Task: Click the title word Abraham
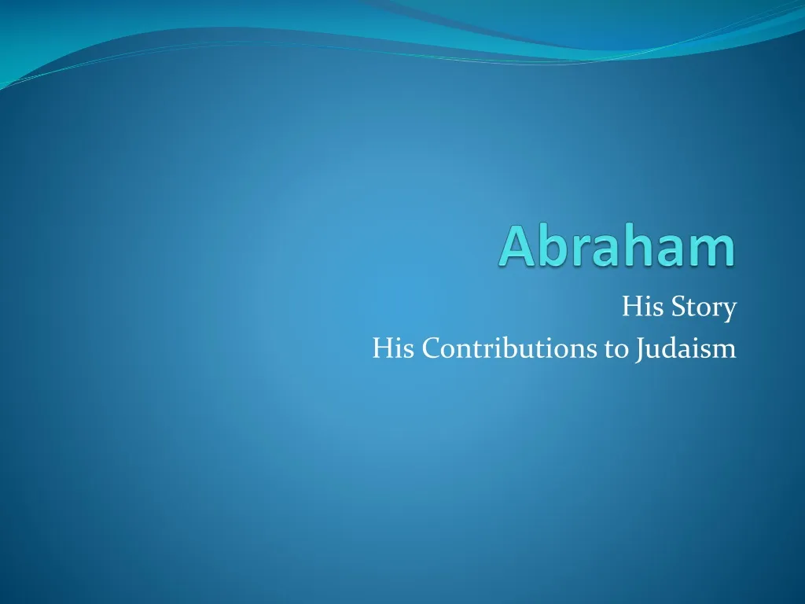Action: (619, 247)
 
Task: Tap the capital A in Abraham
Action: (515, 247)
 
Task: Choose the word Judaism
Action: (684, 347)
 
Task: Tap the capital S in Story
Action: (673, 307)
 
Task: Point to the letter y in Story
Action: (730, 311)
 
